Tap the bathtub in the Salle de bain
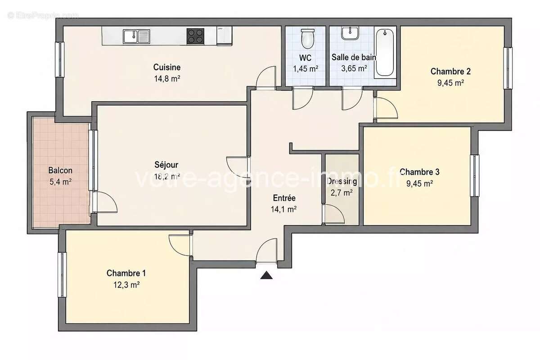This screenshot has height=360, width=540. click(x=385, y=52)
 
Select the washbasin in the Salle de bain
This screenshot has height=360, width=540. click(x=350, y=33)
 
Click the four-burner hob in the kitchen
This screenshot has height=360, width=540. click(x=195, y=36)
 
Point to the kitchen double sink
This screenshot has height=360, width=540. click(x=136, y=36)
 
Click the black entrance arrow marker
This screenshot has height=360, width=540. click(x=266, y=275)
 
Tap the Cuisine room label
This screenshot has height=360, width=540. click(x=167, y=67)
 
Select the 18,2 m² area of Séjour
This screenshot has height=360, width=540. click(x=167, y=176)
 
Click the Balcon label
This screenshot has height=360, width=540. click(x=60, y=170)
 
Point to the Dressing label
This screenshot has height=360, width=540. click(x=342, y=181)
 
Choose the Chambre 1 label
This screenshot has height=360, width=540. click(x=126, y=273)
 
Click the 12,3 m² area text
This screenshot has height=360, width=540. click(x=126, y=285)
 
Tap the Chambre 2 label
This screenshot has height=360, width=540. click(x=450, y=71)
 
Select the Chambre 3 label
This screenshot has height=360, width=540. click(x=419, y=172)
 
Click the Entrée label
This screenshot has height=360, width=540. click(x=284, y=198)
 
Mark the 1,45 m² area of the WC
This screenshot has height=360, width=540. click(x=306, y=69)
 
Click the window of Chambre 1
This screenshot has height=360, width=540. click(x=62, y=274)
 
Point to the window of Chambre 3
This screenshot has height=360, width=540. click(x=475, y=175)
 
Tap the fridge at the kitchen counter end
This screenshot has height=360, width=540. click(x=225, y=36)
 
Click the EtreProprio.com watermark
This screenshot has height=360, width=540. click(x=43, y=15)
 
